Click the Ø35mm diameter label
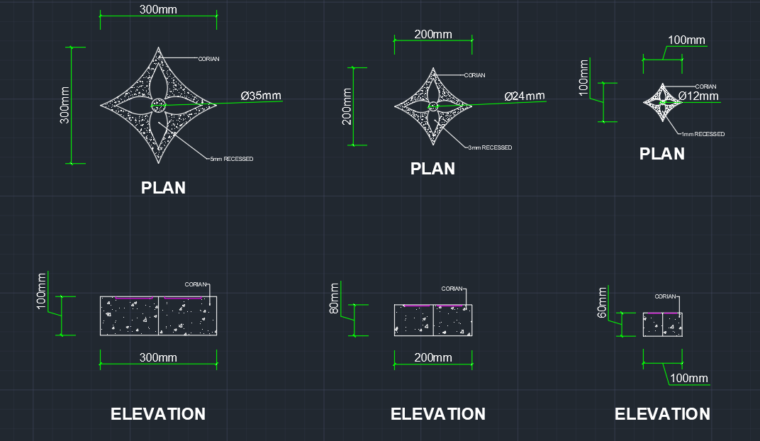point(261,96)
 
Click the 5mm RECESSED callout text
point(231,159)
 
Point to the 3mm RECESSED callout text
point(489,147)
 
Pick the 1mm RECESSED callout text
point(703,134)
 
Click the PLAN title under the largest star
point(163,188)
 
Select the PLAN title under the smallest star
point(662,154)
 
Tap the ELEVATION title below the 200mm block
point(438,414)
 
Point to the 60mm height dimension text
point(603,303)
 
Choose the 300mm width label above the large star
point(158,10)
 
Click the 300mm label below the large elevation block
point(158,357)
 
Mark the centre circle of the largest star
point(158,106)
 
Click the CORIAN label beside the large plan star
point(208,59)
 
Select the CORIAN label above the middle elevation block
point(452,289)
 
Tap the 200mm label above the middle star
point(432,35)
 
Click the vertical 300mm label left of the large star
point(65,106)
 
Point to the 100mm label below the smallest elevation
point(688,379)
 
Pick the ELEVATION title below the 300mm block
point(158,414)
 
